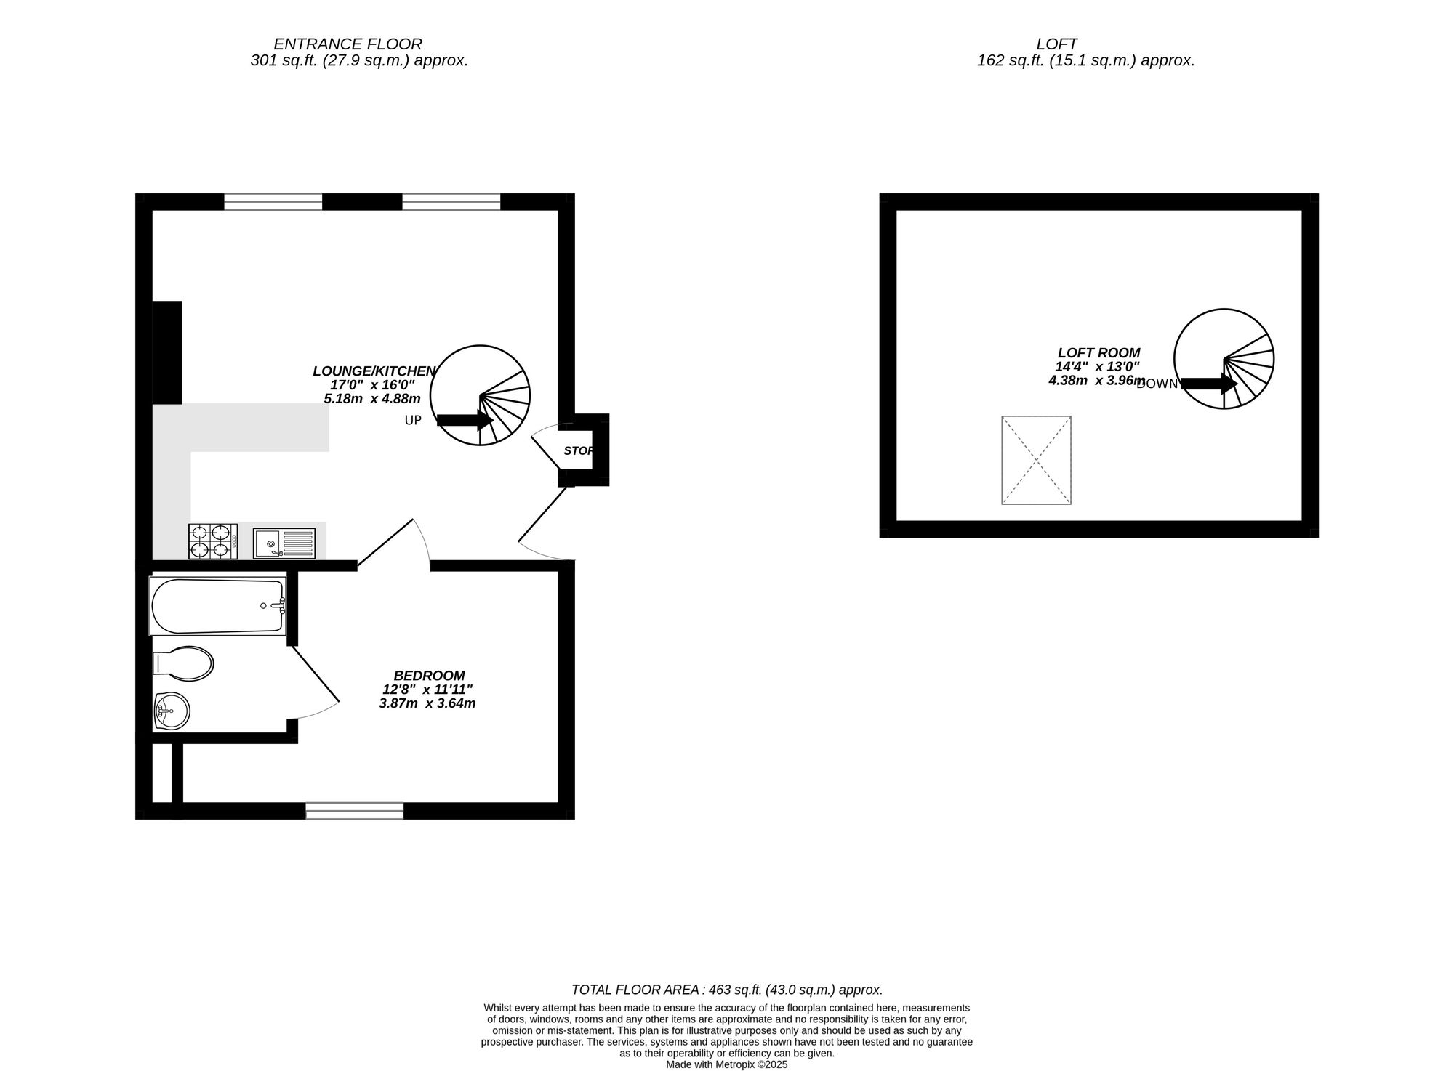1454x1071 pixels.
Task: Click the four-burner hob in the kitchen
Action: (213, 541)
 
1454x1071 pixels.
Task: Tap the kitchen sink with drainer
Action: (284, 543)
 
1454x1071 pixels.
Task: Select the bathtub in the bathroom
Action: (218, 606)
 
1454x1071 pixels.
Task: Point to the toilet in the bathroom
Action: (183, 663)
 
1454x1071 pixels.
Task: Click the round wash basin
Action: (172, 709)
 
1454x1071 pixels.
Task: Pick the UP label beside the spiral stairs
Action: (413, 420)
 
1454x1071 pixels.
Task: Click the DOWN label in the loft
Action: (1157, 384)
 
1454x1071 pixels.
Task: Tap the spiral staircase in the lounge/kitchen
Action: (480, 395)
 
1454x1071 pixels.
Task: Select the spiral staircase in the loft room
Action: (1224, 359)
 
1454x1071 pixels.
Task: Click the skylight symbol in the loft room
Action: (1036, 460)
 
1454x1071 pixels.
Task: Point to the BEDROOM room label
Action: (429, 676)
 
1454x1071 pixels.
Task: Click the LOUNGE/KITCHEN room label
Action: (374, 371)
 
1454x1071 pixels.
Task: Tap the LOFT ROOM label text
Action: (1098, 353)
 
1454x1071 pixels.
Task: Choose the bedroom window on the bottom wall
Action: (355, 811)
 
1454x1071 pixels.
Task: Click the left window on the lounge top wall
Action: (273, 201)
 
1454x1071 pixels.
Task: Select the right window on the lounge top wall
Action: (451, 201)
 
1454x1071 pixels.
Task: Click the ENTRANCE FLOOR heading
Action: (348, 44)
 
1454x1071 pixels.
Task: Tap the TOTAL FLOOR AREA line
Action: (727, 990)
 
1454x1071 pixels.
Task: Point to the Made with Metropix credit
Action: (727, 1064)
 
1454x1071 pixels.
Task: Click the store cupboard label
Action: (579, 450)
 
